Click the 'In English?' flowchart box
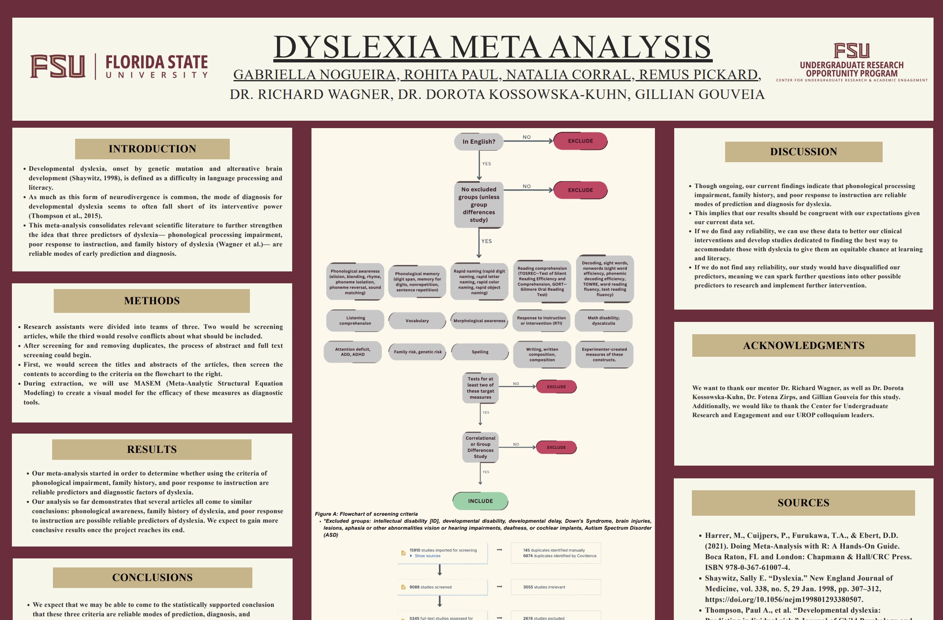pos(478,142)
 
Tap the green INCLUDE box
pos(480,501)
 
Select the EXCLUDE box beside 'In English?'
pos(580,141)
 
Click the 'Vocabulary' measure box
pos(417,321)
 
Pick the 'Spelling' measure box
pos(480,352)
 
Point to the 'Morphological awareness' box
pos(479,321)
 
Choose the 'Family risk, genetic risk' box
pos(417,352)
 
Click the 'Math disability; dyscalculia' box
pos(603,321)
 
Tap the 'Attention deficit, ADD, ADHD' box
pos(352,352)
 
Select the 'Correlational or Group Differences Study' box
pos(480,447)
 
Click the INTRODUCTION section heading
pos(152,149)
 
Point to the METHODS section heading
pos(152,301)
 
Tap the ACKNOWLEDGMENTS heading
pos(803,345)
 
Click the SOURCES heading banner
pos(803,503)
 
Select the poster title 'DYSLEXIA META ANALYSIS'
pos(492,47)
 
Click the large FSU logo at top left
pos(58,66)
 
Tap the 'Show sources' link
pos(427,556)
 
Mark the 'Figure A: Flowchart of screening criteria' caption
pos(366,514)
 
